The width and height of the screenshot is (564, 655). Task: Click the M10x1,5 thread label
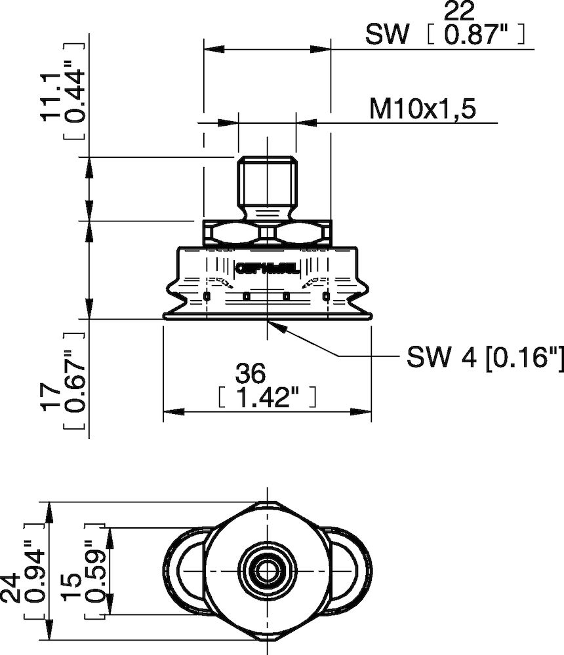[x=422, y=109]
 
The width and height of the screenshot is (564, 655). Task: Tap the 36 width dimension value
[x=251, y=374]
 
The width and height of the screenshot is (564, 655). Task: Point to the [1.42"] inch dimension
[x=266, y=397]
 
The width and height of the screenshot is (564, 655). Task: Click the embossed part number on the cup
[x=266, y=268]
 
